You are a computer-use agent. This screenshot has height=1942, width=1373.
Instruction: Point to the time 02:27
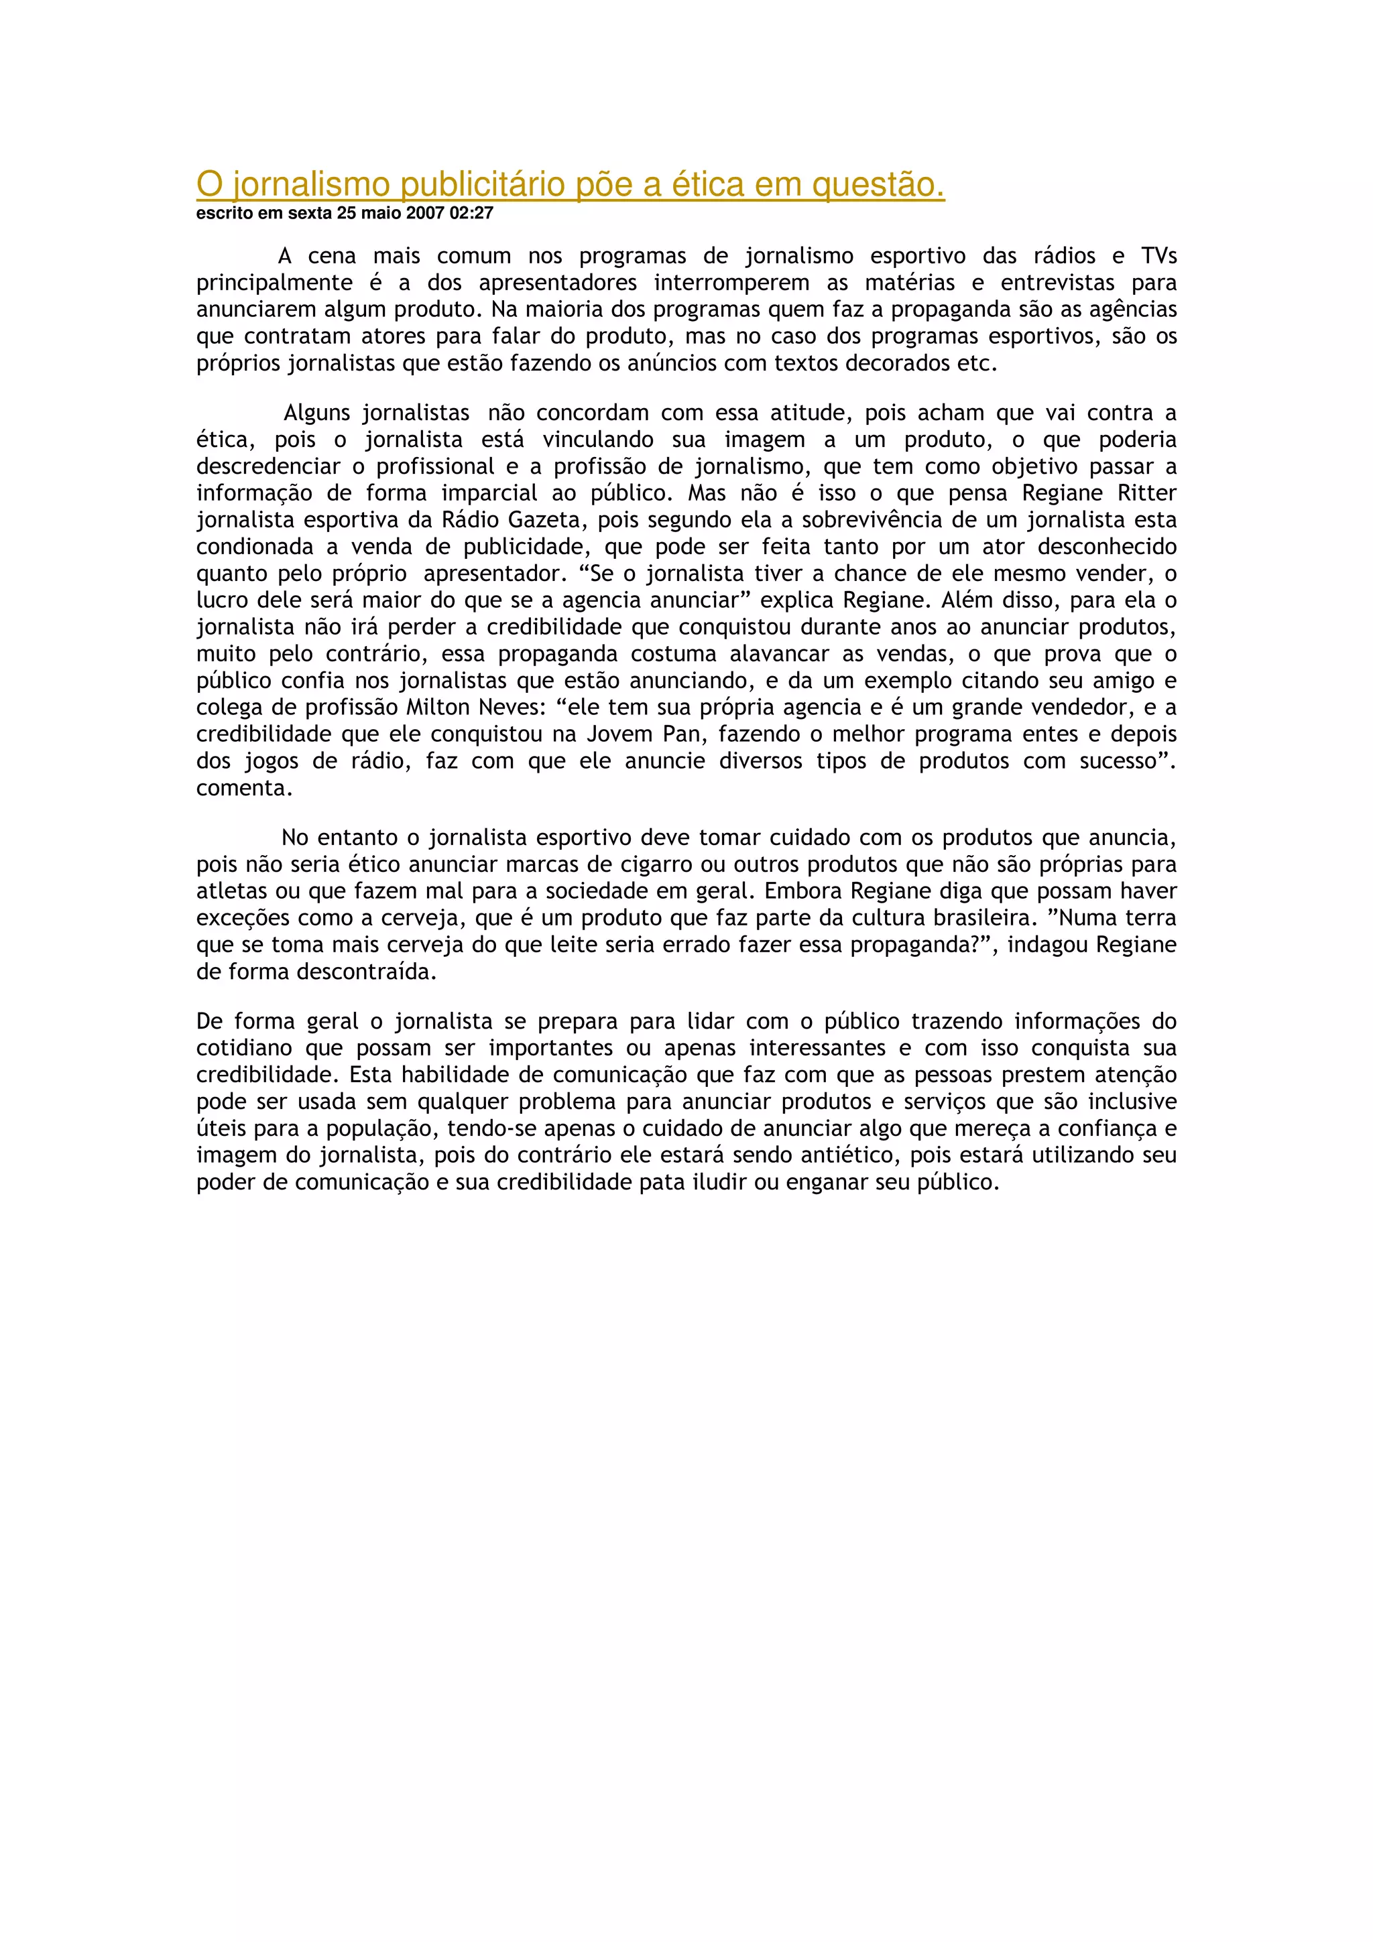(471, 213)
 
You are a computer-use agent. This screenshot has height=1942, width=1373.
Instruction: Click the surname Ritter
(1147, 493)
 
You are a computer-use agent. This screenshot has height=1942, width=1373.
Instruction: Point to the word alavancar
(779, 654)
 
